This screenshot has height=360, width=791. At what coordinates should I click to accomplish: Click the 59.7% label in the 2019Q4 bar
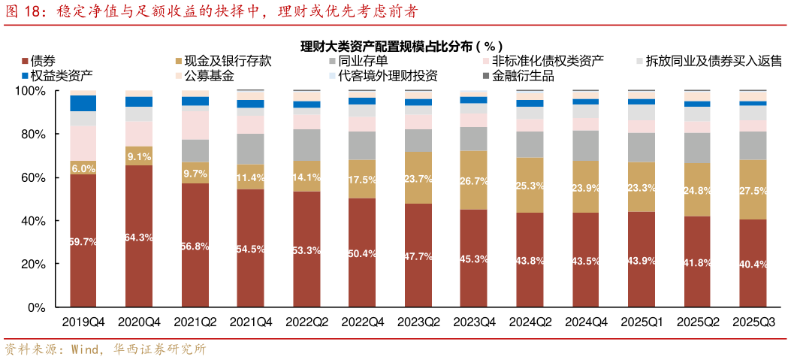coord(83,242)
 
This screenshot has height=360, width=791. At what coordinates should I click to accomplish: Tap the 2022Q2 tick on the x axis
coord(306,322)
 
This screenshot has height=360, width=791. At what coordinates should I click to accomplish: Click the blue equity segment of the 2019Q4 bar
coord(83,103)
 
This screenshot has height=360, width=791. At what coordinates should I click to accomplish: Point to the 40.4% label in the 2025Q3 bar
coord(753,265)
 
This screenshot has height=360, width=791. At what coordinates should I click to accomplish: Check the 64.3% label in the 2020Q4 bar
coord(139,237)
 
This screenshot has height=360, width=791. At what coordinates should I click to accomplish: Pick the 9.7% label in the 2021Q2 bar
coord(195,174)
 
